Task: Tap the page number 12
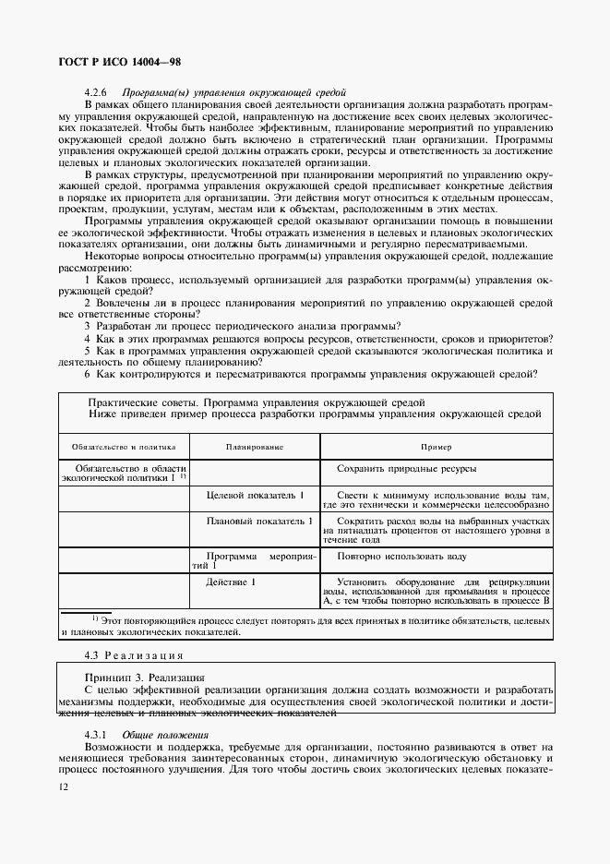pyautogui.click(x=62, y=786)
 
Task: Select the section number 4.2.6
pyautogui.click(x=96, y=92)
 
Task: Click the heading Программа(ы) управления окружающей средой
pyautogui.click(x=233, y=92)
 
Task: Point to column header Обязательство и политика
pyautogui.click(x=124, y=446)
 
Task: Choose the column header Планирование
pyautogui.click(x=255, y=446)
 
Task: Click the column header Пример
pyautogui.click(x=437, y=446)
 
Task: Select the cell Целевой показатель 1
pyautogui.click(x=255, y=496)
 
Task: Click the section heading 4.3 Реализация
pyautogui.click(x=134, y=654)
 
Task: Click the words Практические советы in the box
pyautogui.click(x=140, y=402)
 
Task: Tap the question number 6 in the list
pyautogui.click(x=87, y=374)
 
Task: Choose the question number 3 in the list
pyautogui.click(x=87, y=326)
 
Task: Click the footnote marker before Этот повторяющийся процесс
pyautogui.click(x=95, y=618)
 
